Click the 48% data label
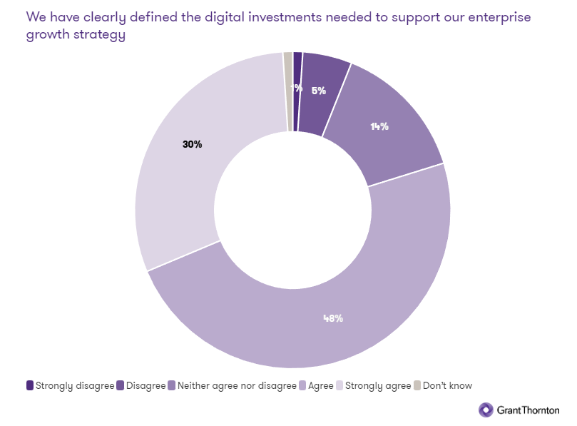tap(333, 318)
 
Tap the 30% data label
tap(193, 144)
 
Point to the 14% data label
tap(379, 126)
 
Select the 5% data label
tap(319, 91)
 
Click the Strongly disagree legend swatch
tap(29, 385)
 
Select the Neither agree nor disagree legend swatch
tap(171, 385)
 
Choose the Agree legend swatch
tap(302, 385)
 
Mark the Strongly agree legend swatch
tap(339, 385)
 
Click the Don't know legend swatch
tap(417, 385)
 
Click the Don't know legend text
tap(447, 385)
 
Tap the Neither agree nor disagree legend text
tap(237, 385)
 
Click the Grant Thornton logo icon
tap(485, 410)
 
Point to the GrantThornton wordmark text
tap(528, 410)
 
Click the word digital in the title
tap(215, 17)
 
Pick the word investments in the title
tap(280, 17)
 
